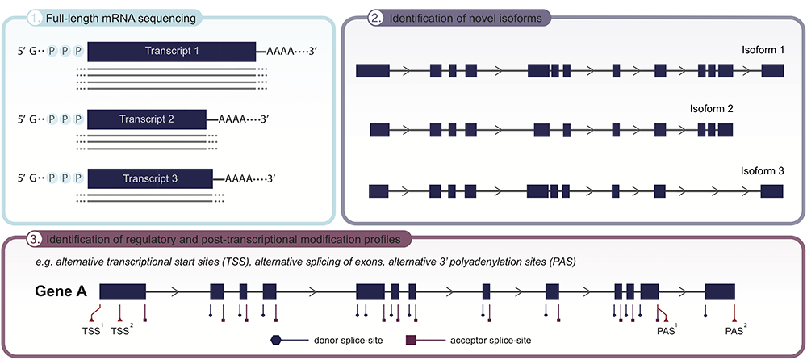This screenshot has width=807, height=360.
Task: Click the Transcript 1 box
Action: (x=171, y=52)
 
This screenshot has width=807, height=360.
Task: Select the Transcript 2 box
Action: (x=147, y=119)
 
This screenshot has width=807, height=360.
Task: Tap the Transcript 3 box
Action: (x=149, y=178)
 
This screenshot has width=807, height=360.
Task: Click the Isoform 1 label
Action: (x=763, y=50)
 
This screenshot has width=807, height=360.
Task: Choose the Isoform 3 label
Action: (x=763, y=171)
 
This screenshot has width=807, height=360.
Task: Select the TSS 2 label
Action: (x=121, y=330)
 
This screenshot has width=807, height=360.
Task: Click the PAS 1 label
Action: (x=665, y=330)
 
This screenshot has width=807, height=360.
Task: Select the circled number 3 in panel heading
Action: (x=35, y=240)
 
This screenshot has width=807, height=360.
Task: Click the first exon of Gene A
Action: (x=122, y=292)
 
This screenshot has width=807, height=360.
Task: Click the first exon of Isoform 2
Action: (x=379, y=129)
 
